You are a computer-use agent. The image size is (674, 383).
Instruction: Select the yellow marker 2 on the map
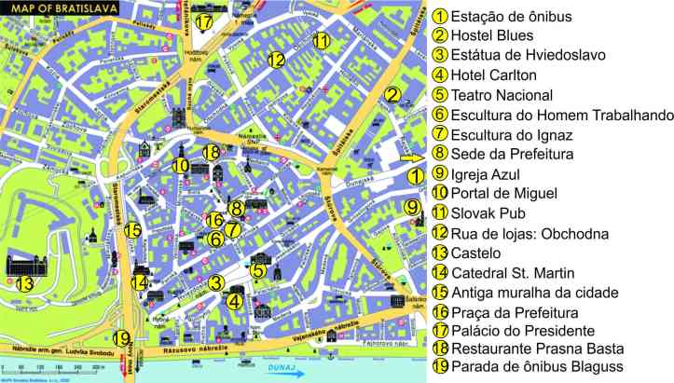coord(393,94)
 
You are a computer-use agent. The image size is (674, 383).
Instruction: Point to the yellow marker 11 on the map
coord(321,40)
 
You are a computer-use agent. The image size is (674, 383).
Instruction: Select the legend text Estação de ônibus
coord(511,17)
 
